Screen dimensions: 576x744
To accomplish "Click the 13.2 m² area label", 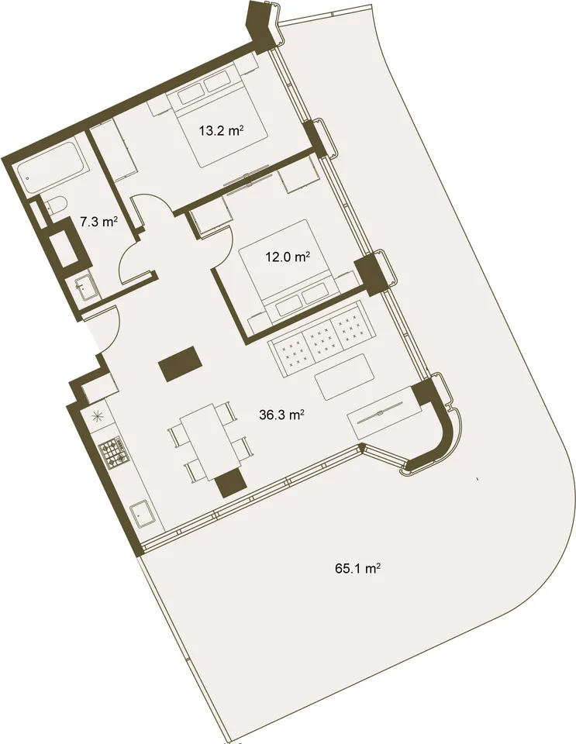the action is point(222,130).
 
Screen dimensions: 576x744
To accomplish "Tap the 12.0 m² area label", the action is point(288,257).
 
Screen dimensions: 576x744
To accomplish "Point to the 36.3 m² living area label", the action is point(281,415).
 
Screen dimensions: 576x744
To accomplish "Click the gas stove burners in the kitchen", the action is point(114,454).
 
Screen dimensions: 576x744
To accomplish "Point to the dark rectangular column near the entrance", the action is point(181,364).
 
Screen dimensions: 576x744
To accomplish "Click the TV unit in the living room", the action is point(385,412).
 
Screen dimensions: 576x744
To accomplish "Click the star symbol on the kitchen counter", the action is point(96,416).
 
